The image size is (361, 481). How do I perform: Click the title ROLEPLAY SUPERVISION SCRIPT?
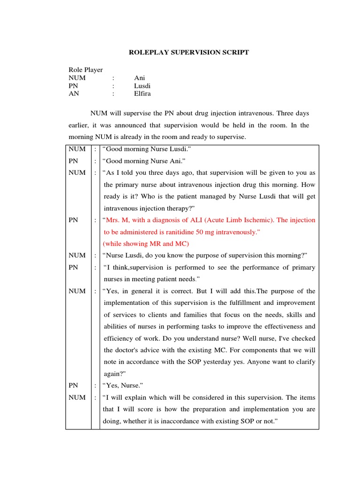click(x=189, y=53)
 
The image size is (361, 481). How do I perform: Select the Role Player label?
click(x=86, y=70)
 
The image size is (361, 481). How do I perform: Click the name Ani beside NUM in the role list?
click(x=140, y=78)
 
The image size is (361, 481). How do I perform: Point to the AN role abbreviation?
click(x=74, y=94)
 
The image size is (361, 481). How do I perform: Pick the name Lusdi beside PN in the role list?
click(x=142, y=86)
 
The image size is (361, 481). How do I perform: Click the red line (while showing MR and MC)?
click(x=146, y=244)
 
